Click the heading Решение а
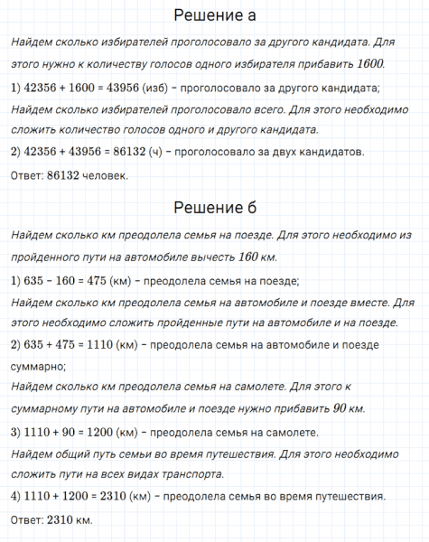click(x=214, y=16)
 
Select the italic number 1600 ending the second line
click(x=369, y=64)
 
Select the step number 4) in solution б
click(x=14, y=495)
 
